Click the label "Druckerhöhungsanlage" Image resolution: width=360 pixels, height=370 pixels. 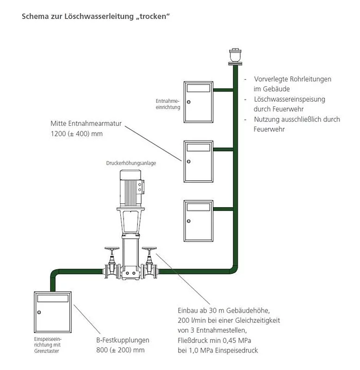(x=131, y=163)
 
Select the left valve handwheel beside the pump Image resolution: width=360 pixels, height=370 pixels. (x=112, y=248)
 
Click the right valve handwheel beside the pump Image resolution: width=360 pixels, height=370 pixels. (x=149, y=248)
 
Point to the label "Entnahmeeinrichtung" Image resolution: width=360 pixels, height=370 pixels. (x=168, y=104)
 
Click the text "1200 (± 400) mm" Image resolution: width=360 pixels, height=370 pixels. (x=76, y=134)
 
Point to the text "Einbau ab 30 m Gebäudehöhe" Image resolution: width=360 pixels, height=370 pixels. (x=223, y=310)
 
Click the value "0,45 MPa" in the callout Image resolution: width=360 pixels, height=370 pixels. (x=249, y=340)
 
